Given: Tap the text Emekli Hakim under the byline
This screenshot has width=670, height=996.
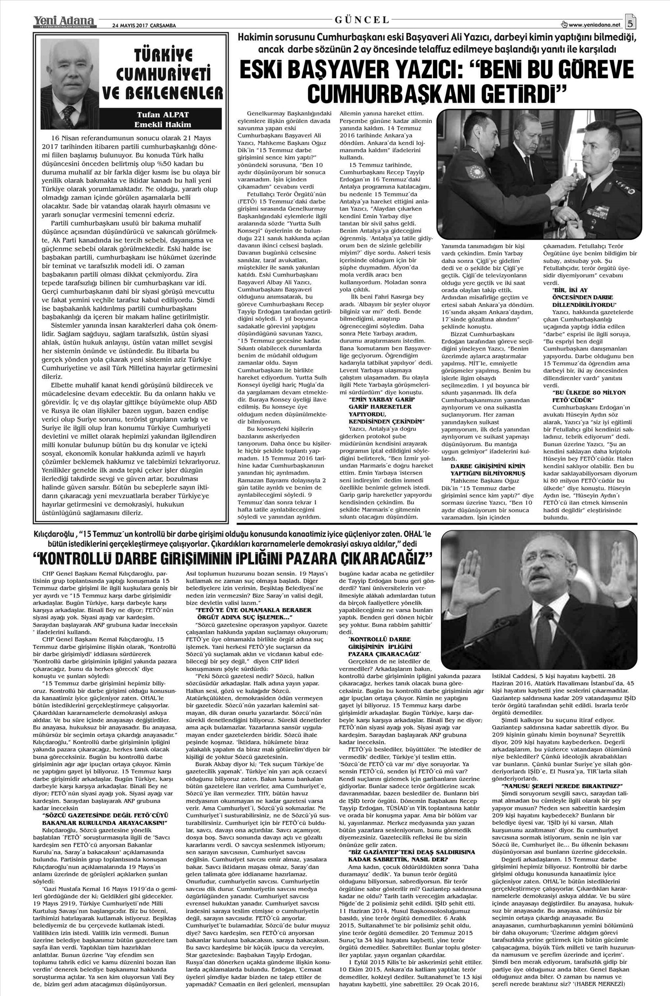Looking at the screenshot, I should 163,124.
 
